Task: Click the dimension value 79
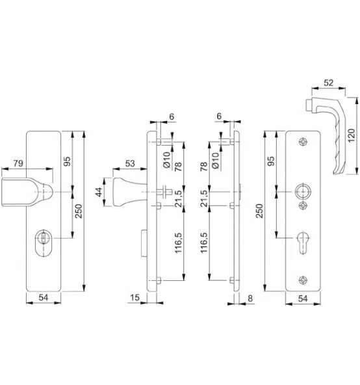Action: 18,163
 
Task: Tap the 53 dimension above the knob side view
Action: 130,163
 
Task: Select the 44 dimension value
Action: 99,192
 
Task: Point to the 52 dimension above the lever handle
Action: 329,83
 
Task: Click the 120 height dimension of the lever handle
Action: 352,135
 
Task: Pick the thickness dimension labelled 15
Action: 135,298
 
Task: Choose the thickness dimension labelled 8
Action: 250,299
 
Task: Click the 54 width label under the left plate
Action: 44,298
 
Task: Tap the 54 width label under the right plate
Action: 303,299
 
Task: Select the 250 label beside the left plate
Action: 79,211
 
